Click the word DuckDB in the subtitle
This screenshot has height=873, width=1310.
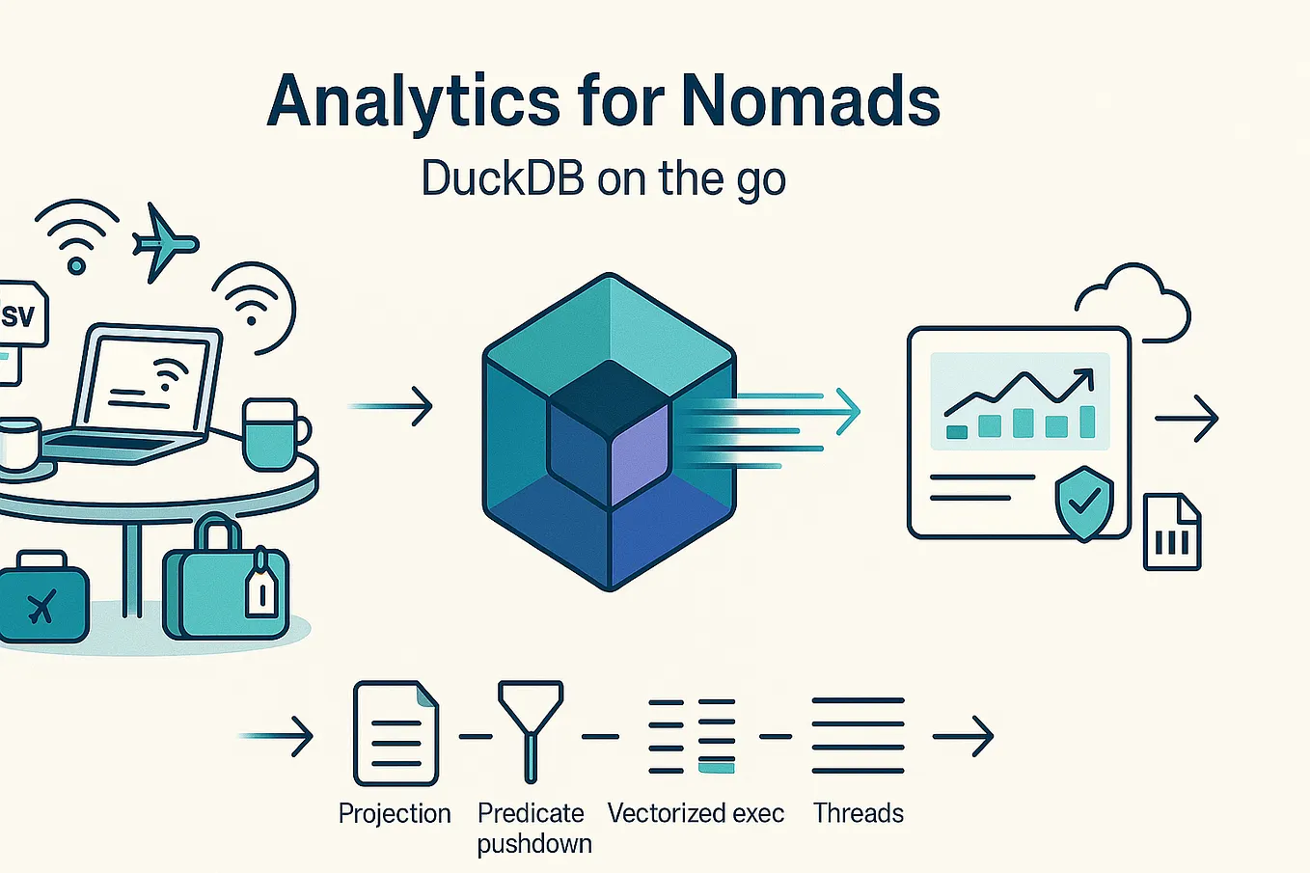tap(503, 178)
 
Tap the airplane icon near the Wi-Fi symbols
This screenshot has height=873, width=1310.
tap(164, 243)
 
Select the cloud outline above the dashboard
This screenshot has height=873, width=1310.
tap(1132, 304)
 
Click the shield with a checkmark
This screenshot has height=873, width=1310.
tap(1084, 504)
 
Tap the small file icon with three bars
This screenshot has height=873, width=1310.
tap(1172, 532)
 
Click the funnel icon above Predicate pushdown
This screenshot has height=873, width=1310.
tap(531, 731)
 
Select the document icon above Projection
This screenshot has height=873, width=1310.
tap(396, 733)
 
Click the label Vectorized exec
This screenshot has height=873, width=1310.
tap(696, 813)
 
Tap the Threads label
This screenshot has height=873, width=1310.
tap(858, 813)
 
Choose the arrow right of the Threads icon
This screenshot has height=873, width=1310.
tap(963, 736)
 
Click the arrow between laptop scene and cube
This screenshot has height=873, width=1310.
tap(391, 406)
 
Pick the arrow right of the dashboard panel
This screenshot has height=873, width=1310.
tap(1187, 418)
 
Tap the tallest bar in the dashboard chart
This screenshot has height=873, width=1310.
tap(1087, 422)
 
